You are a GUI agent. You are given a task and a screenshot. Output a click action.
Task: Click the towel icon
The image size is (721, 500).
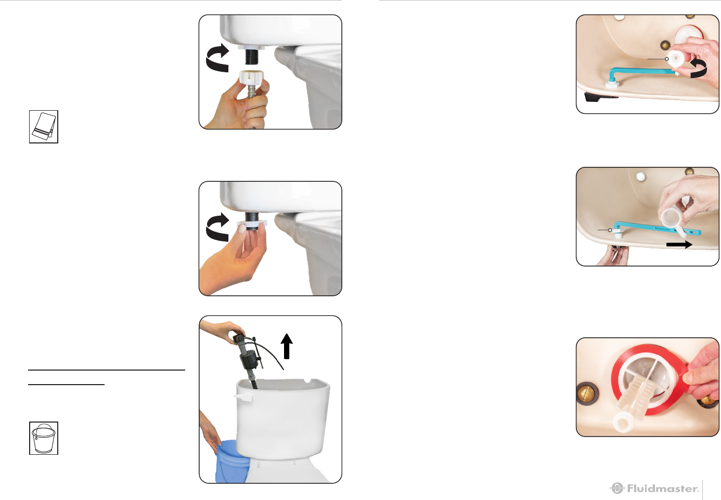[x=44, y=127]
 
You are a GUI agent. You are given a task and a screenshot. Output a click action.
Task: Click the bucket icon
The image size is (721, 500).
[x=44, y=438]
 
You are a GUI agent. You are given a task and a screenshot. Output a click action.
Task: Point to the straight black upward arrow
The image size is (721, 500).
[x=287, y=346]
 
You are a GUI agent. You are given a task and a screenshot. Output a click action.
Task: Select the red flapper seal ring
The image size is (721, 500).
[x=647, y=379]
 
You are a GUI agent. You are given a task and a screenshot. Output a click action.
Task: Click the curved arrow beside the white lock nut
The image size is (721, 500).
[x=217, y=227]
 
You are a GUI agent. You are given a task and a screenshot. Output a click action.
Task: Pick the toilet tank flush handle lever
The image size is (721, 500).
[x=243, y=398]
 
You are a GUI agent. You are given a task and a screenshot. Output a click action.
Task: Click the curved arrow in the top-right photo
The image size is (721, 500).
[x=699, y=68]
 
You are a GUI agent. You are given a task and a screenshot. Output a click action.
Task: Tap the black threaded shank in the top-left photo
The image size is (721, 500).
[x=252, y=57]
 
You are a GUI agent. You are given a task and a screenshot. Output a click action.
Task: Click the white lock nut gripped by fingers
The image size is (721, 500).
[x=252, y=224]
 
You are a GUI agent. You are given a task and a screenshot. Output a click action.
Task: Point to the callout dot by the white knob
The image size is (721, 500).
[x=666, y=59]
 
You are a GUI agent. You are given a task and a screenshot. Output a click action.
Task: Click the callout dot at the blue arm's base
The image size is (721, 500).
[x=610, y=230]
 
